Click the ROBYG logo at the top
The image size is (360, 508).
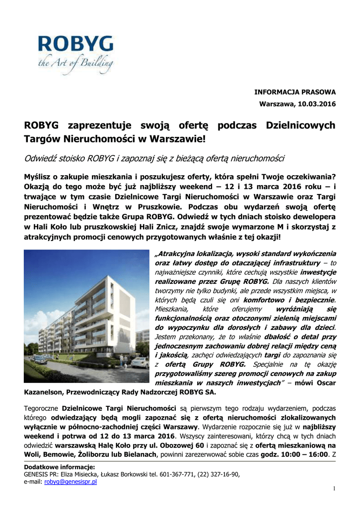click(75, 46)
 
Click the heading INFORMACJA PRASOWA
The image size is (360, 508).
click(295, 92)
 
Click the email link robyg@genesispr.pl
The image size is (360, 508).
click(70, 481)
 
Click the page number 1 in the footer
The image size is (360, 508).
click(334, 489)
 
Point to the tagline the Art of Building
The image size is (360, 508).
click(75, 63)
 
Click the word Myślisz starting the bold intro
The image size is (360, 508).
click(39, 177)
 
